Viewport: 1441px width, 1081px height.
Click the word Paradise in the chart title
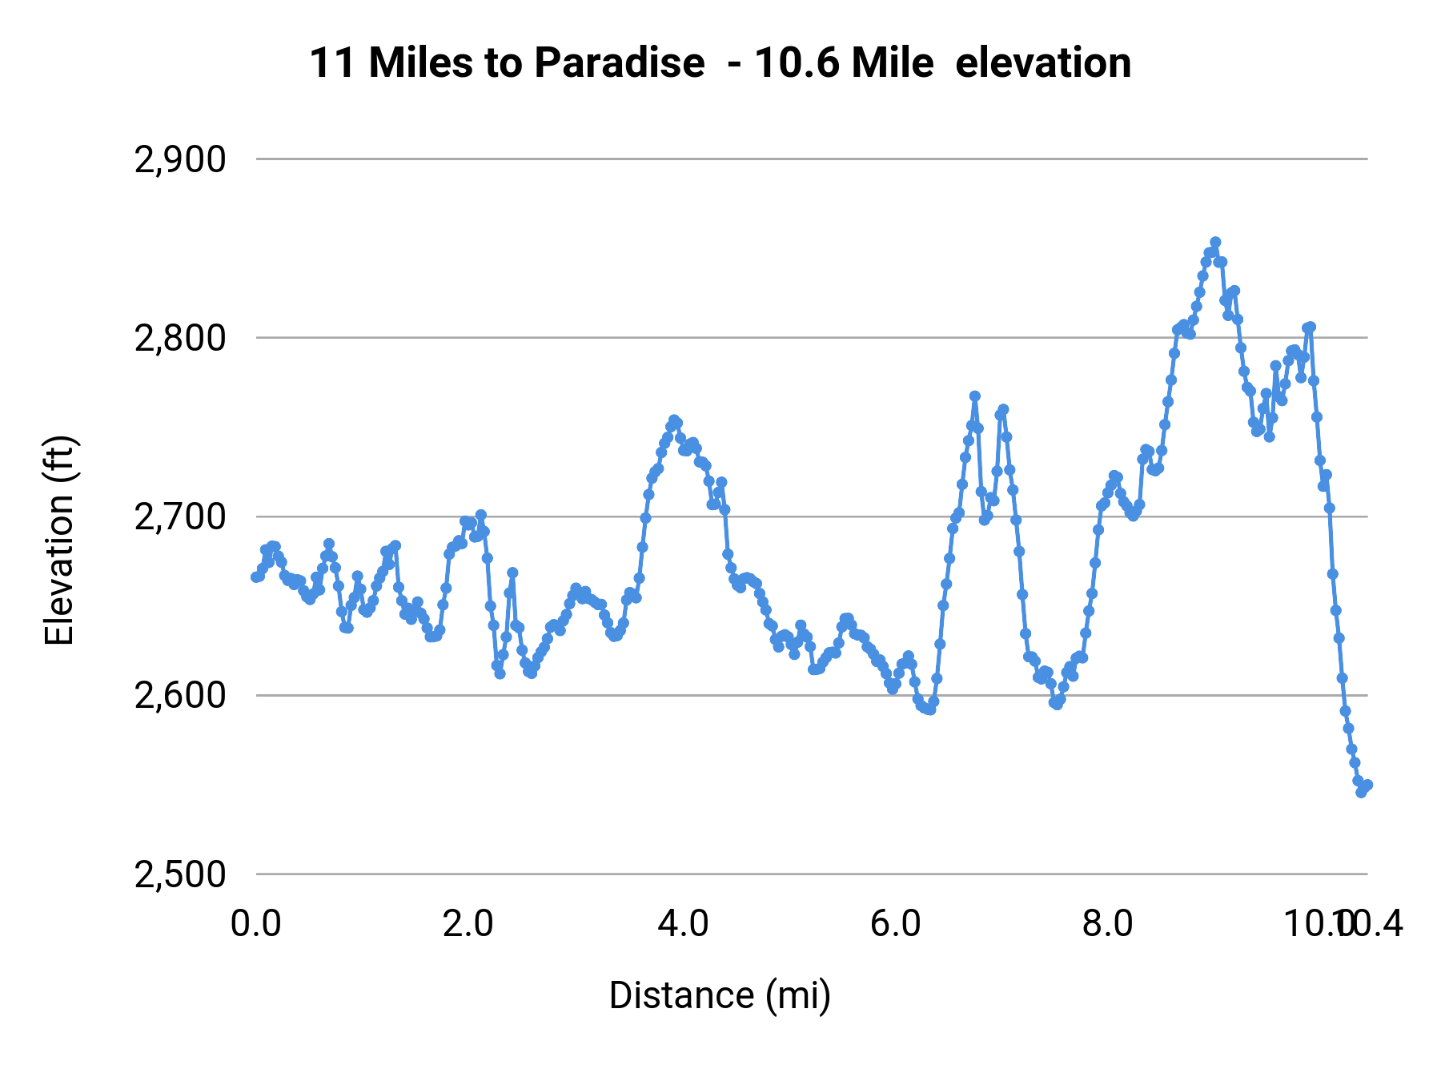point(619,62)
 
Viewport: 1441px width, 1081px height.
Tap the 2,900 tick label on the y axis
point(180,160)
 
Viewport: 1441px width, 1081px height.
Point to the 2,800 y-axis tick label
point(180,339)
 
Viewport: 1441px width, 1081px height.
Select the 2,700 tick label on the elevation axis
point(180,517)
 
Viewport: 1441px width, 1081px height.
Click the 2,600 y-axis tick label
point(180,696)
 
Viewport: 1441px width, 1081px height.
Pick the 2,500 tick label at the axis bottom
point(180,874)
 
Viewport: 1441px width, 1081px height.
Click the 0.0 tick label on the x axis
point(255,924)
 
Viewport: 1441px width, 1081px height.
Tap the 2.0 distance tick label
point(468,924)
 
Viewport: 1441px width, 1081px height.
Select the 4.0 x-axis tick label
point(682,924)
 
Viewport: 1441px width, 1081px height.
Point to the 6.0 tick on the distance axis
point(895,924)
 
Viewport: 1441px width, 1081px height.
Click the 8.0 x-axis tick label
point(1108,924)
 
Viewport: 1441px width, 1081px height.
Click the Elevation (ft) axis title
point(59,540)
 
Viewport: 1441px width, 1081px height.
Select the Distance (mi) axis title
point(720,995)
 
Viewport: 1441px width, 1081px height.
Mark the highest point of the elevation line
point(1215,242)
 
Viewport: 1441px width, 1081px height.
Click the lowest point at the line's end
point(1361,792)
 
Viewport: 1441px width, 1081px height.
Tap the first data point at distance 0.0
point(255,577)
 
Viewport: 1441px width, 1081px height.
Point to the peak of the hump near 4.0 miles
point(674,420)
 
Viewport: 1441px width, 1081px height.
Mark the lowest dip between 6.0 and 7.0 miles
point(929,709)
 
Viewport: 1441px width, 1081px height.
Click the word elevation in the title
point(1043,62)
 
